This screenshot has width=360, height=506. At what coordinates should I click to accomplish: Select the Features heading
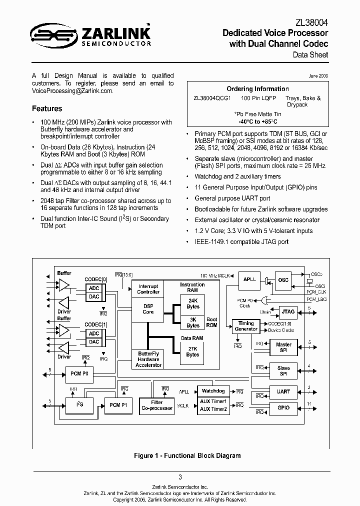point(47,108)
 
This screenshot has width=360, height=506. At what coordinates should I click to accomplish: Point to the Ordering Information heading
point(257,89)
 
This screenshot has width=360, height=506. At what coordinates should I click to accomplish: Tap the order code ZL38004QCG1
point(212,98)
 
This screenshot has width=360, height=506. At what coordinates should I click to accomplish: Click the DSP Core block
point(148,308)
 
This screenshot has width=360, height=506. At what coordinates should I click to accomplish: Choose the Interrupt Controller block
point(148,289)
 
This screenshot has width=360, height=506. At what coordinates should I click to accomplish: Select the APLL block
point(249,280)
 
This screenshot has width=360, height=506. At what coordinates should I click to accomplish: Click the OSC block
point(283,280)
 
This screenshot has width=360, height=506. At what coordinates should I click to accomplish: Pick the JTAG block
point(288,311)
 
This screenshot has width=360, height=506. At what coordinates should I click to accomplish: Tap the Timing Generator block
point(246,326)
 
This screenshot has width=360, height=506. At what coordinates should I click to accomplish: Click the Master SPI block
point(283,347)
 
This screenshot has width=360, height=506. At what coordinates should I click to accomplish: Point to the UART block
point(283,392)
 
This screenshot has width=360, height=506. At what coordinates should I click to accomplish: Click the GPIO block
point(283,407)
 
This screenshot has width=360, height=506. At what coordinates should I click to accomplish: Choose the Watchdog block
point(213,391)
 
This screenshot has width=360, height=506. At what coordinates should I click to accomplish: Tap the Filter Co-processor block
point(156,404)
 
